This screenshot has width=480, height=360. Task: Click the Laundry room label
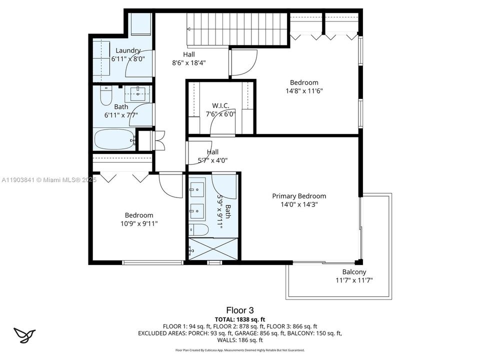(x=128, y=50)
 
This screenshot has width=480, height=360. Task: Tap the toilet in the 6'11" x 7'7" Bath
(x=105, y=96)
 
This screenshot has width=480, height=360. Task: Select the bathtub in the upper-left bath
(x=114, y=138)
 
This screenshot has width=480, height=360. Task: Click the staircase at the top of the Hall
(x=237, y=29)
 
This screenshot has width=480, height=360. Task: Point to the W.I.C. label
(x=220, y=105)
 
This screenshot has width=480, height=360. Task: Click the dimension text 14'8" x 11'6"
(x=304, y=91)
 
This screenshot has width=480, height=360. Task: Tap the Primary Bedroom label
(x=299, y=196)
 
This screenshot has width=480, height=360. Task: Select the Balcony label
(x=354, y=272)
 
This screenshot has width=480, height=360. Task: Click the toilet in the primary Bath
(x=199, y=230)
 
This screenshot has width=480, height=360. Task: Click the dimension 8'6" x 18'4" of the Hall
(x=188, y=62)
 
